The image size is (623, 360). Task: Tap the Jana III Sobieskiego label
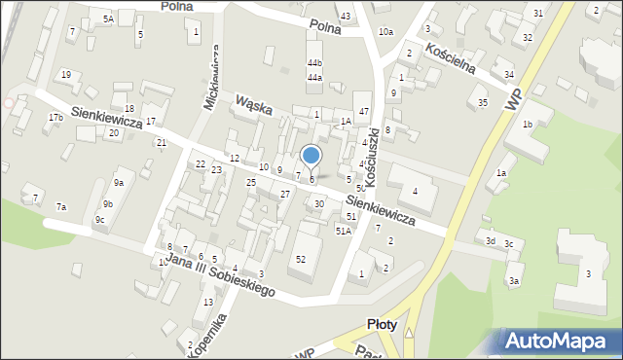pos(220,275)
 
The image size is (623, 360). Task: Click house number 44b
pos(314,63)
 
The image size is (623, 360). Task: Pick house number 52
pos(301,259)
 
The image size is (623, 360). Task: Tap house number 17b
pos(55,118)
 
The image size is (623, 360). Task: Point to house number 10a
pos(386,32)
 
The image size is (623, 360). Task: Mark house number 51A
pos(343,231)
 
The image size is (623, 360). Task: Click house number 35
pos(482,102)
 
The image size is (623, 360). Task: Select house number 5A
pos(108,18)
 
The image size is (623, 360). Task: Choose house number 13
pos(208,303)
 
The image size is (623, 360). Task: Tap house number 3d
pos(491,240)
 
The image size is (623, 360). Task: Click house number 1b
pos(527,125)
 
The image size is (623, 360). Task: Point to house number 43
pos(346,17)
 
